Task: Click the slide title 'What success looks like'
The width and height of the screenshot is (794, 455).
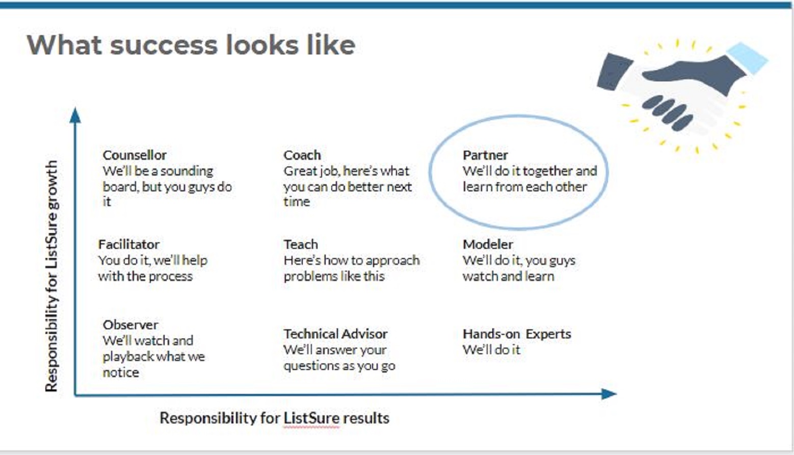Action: click(x=191, y=45)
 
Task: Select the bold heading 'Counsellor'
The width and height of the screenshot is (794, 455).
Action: click(x=135, y=155)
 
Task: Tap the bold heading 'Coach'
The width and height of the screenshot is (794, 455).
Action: click(x=302, y=155)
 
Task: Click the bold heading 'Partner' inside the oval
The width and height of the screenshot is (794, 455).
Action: click(x=485, y=155)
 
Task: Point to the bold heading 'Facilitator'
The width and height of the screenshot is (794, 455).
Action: click(x=128, y=244)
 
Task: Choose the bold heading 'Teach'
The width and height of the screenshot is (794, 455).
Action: click(x=301, y=244)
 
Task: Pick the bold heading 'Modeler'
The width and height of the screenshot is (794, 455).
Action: click(x=488, y=244)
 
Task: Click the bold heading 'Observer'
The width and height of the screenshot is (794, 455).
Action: click(x=130, y=325)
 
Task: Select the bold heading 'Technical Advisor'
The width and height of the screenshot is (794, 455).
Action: click(x=335, y=334)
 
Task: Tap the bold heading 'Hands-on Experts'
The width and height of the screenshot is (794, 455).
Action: click(x=517, y=334)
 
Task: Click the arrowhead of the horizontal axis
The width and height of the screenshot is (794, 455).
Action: click(x=609, y=394)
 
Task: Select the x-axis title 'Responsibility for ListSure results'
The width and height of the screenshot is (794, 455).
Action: click(x=274, y=418)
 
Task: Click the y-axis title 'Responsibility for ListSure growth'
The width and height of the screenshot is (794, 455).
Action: click(x=51, y=276)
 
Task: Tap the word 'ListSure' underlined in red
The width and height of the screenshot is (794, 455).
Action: click(x=311, y=418)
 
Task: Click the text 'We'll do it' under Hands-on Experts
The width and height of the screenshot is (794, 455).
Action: click(x=491, y=350)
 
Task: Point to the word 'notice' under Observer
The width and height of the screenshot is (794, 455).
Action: click(x=121, y=373)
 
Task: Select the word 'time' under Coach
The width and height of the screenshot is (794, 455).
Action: click(x=297, y=202)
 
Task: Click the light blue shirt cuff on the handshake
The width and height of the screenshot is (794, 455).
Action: click(x=747, y=58)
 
